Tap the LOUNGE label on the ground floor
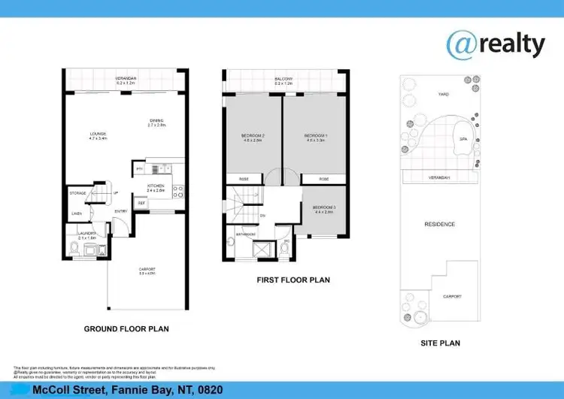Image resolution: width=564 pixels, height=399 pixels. [x=98, y=136]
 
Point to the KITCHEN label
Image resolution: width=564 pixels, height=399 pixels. [x=156, y=186]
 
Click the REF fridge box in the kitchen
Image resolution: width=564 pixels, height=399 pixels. [x=141, y=203]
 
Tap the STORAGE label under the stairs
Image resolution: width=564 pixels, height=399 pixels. [x=77, y=193]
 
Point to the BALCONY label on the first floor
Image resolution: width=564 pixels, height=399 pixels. [x=283, y=79]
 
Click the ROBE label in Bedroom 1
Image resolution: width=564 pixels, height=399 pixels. [x=323, y=179]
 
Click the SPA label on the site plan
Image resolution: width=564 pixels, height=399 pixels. [x=463, y=140]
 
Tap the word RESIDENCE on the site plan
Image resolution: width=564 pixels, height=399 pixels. [x=439, y=224]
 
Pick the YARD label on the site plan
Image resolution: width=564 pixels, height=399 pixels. [x=444, y=95]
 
